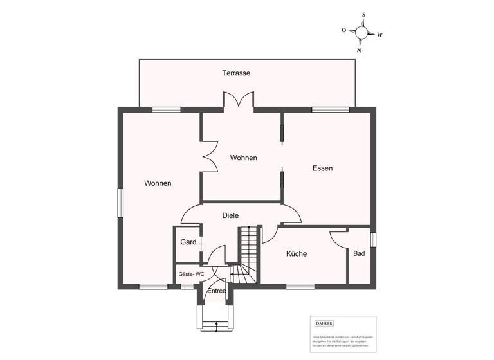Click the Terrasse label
click(x=236, y=73)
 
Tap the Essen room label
click(x=322, y=168)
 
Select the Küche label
click(x=297, y=254)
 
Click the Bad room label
click(x=359, y=254)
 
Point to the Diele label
click(x=230, y=216)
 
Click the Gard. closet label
click(x=188, y=242)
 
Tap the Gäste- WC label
click(x=191, y=274)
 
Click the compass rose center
click(x=361, y=32)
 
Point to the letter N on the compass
click(x=359, y=50)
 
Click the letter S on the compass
click(x=363, y=14)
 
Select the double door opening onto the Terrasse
click(x=237, y=102)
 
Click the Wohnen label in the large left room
click(x=158, y=183)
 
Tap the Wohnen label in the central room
click(x=244, y=157)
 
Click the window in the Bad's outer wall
click(x=373, y=239)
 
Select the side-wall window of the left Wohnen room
click(x=120, y=203)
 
